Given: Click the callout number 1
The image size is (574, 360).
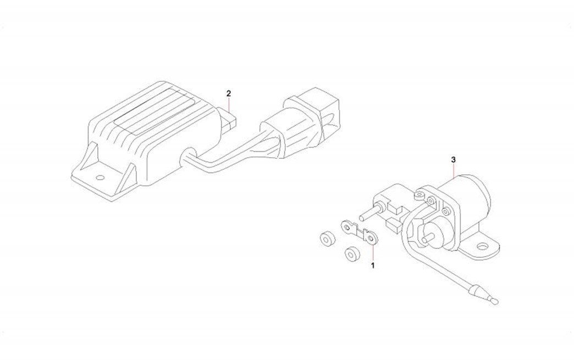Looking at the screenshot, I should pyautogui.click(x=373, y=266).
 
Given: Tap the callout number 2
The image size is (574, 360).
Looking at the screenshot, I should pyautogui.click(x=228, y=93).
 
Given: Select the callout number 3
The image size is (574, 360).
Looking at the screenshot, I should pyautogui.click(x=453, y=159).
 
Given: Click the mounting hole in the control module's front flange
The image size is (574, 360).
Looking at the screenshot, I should pyautogui.click(x=100, y=178).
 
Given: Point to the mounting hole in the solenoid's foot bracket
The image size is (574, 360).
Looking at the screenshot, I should pyautogui.click(x=482, y=247).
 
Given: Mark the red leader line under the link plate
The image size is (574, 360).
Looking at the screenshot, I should pyautogui.click(x=373, y=252).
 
